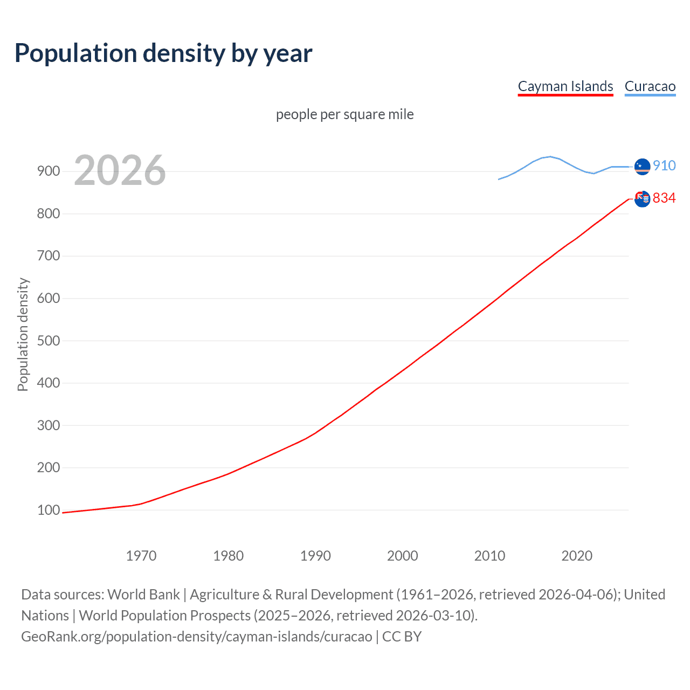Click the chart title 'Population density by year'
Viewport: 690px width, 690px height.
pos(163,53)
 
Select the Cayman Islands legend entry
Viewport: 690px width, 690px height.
pos(565,86)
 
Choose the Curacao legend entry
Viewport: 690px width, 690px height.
pos(650,86)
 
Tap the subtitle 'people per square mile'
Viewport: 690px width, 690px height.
pos(344,114)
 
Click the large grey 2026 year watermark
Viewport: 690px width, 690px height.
pos(120,170)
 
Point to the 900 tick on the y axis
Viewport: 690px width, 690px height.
pos(49,171)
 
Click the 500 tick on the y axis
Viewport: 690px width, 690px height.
pos(49,341)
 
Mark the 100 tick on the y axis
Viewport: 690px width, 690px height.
pos(49,510)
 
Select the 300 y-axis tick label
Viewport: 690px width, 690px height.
pos(49,425)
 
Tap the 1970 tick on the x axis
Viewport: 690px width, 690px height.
pos(141,556)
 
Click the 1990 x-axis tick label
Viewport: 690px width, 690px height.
pos(315,556)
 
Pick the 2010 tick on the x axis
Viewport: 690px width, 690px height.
pos(489,556)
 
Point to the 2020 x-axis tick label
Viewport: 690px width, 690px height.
pos(577,556)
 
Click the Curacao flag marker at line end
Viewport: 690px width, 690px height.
pos(642,167)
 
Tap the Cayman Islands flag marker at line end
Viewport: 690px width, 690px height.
pos(642,199)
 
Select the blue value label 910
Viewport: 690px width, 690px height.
pos(664,165)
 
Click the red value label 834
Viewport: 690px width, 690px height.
pos(664,198)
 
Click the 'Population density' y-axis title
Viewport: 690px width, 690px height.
pos(23,334)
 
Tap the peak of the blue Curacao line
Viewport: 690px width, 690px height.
pos(550,156)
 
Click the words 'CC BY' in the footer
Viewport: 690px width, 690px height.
pos(402,637)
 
